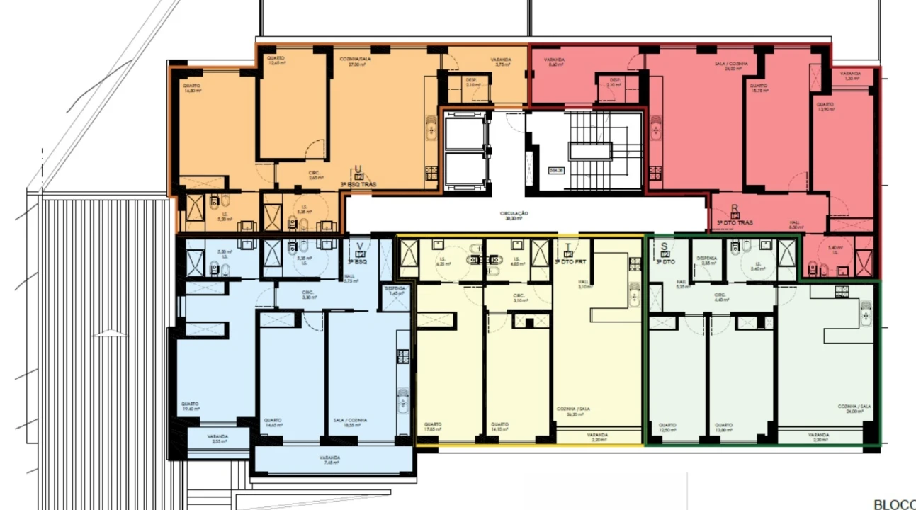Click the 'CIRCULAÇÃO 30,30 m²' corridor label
[515, 215]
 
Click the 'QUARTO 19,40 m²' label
[190, 406]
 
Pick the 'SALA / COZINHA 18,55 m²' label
[350, 422]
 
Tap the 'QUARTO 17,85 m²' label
[432, 426]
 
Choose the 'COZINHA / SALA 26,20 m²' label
[574, 412]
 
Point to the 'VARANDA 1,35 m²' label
[851, 75]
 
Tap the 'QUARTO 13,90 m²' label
[824, 106]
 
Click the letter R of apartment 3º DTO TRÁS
[735, 209]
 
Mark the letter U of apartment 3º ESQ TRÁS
[358, 169]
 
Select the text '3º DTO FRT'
[571, 262]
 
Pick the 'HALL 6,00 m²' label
[795, 225]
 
